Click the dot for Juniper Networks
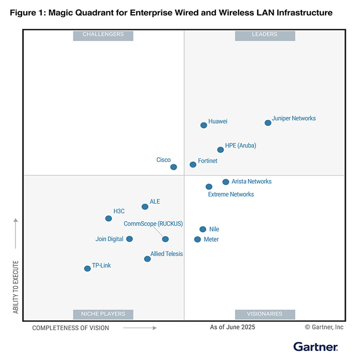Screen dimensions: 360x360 267,123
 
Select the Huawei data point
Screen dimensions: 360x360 204,125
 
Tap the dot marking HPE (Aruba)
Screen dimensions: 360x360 221,150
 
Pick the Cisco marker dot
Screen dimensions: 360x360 174,167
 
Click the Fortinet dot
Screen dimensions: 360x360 193,165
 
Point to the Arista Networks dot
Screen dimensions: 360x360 226,182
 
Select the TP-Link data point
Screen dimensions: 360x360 87,268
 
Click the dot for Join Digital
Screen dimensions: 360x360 130,239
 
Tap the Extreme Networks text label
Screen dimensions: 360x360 231,194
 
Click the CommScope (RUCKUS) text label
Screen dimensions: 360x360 153,224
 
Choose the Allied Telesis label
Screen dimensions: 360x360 167,254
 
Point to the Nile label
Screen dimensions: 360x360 214,229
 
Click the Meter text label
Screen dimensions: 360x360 211,240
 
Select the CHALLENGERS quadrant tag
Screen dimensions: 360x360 103,34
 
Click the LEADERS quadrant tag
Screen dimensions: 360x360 264,34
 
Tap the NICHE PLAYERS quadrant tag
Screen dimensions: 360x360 103,314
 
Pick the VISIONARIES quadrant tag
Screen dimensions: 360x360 264,314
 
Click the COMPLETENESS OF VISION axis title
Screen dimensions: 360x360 71,328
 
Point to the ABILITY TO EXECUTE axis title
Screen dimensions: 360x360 16,287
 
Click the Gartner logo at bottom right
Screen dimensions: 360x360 315,347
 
